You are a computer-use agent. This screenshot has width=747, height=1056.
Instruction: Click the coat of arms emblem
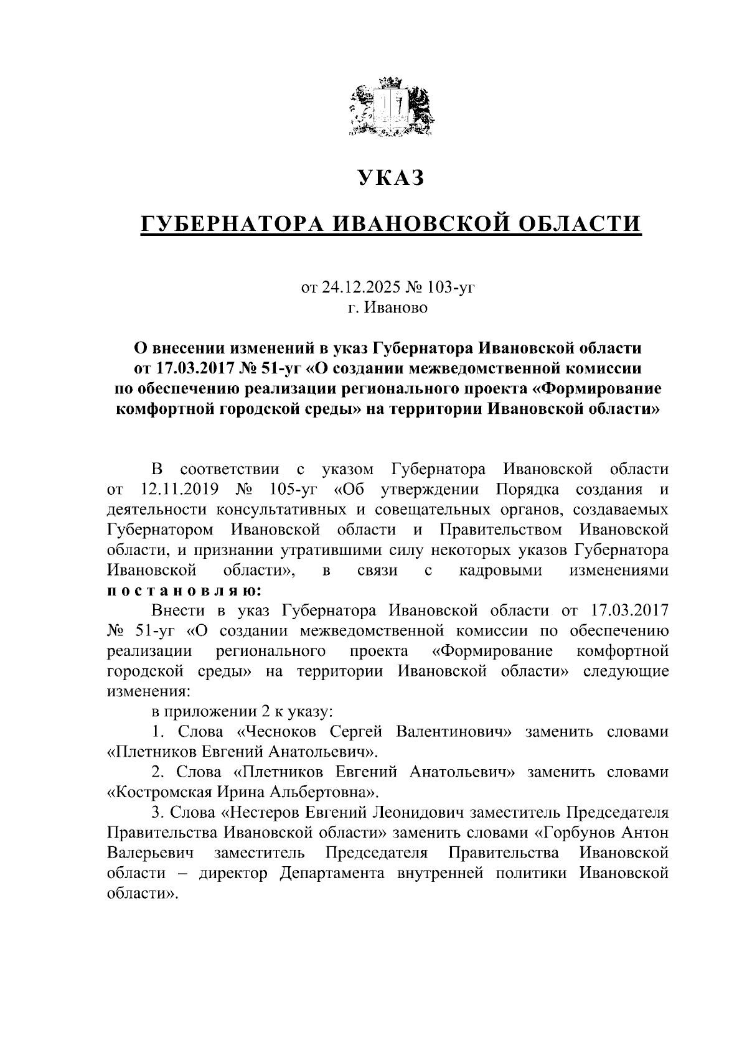tap(392, 106)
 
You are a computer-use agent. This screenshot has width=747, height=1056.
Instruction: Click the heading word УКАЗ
tap(391, 178)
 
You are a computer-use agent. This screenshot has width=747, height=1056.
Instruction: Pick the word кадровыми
tap(500, 570)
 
